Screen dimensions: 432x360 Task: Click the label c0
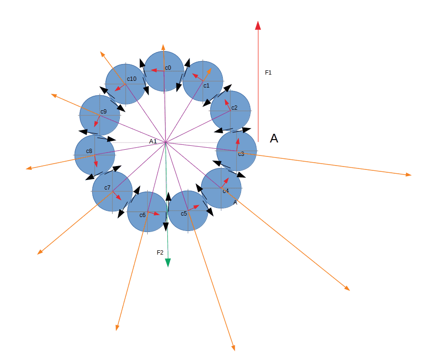click(168, 68)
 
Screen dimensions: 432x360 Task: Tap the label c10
click(132, 79)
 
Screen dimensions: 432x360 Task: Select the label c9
click(103, 112)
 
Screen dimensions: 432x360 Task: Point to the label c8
click(89, 151)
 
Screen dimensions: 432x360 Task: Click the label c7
click(107, 188)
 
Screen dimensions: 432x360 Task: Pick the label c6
click(142, 215)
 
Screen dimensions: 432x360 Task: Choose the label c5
click(184, 214)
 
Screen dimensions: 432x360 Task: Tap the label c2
click(234, 108)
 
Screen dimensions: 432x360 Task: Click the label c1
click(206, 86)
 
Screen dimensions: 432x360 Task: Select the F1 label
click(268, 73)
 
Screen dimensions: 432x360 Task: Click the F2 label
click(160, 253)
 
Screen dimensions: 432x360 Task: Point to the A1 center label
click(153, 141)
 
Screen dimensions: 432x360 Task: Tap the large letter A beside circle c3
click(274, 139)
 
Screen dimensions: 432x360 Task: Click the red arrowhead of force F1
click(258, 25)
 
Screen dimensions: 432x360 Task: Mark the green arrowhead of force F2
click(167, 263)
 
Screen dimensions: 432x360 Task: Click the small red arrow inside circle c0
click(158, 71)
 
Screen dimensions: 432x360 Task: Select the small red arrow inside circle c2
click(228, 105)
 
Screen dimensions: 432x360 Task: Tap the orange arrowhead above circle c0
click(163, 47)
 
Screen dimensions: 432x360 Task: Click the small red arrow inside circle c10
click(120, 88)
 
